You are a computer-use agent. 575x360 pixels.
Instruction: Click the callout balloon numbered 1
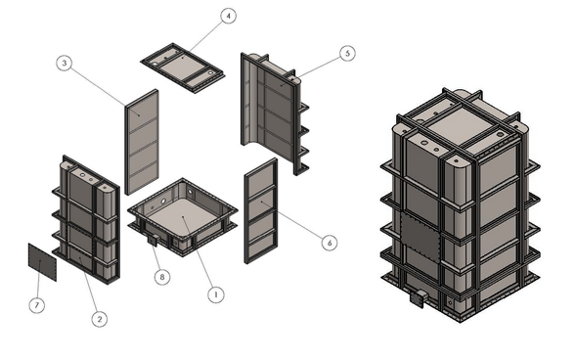coord(215,294)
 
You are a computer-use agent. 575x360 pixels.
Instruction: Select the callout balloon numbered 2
coord(100,319)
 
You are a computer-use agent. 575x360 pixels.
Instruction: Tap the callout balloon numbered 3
coord(65,64)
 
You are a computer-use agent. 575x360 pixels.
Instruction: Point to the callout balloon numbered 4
coord(229,16)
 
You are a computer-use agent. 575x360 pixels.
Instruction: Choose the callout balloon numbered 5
coord(347,53)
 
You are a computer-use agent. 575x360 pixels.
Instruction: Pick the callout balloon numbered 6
coord(330,243)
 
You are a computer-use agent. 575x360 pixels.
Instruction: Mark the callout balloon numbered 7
coord(37,305)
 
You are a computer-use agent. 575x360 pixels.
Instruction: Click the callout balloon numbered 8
coord(162,277)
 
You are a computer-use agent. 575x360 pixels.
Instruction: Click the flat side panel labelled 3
coord(142,142)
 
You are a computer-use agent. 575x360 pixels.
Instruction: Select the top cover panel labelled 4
coord(183,67)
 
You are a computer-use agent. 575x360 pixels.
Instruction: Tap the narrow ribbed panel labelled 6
coord(261,210)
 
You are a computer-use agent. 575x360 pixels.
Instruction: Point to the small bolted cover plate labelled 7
coord(43,262)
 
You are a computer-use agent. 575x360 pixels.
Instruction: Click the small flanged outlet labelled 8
coord(153,241)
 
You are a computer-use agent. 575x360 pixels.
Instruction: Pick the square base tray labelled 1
coord(183,217)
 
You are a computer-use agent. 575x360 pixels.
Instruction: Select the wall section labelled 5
coord(275,113)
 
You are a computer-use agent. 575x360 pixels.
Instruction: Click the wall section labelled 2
coord(86,219)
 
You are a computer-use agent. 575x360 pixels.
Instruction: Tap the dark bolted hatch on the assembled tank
coord(420,238)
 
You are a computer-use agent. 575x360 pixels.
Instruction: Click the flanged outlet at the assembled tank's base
coord(419,298)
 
